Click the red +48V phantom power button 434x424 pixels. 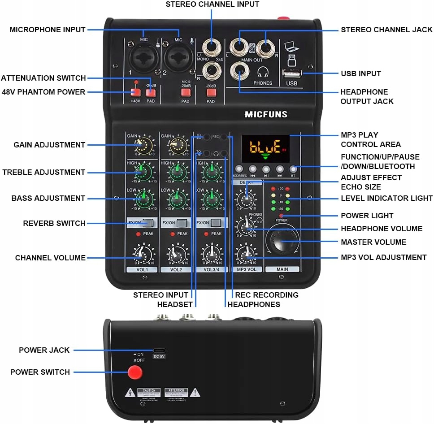tap(135, 93)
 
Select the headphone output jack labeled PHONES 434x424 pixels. tap(239, 70)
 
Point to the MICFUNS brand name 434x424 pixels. tap(266, 114)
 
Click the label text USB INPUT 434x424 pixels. tap(361, 74)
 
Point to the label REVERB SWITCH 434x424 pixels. tap(54, 223)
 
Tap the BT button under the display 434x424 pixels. tap(294, 169)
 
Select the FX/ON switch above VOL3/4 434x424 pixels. tap(217, 223)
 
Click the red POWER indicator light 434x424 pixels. tap(281, 216)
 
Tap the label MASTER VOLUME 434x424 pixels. tap(373, 242)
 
